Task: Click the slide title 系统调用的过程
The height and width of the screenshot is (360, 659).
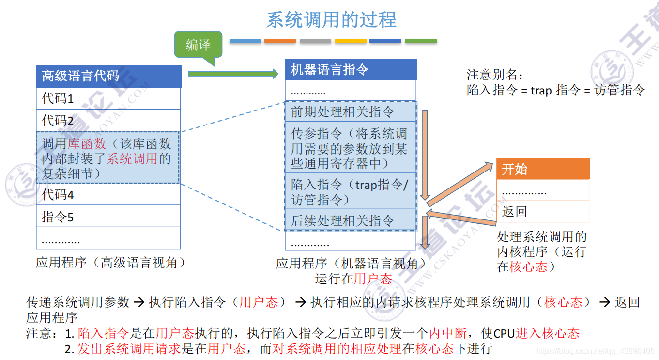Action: (331, 20)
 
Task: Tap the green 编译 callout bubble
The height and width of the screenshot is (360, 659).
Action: (198, 45)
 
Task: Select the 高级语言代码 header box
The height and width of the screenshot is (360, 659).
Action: (109, 76)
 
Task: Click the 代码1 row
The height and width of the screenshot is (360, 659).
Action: (108, 98)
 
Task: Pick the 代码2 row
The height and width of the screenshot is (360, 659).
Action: (108, 120)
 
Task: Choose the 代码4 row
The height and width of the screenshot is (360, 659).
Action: (108, 195)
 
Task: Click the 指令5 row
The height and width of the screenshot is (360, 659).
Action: (108, 217)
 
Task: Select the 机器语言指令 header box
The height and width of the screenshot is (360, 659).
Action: (351, 70)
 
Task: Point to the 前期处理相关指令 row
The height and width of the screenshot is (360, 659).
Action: (350, 112)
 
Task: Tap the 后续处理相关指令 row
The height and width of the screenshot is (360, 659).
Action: (350, 221)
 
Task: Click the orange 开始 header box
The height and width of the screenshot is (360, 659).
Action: (543, 169)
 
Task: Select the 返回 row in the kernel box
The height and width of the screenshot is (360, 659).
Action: (542, 212)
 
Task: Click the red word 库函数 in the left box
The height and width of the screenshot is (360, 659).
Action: (87, 144)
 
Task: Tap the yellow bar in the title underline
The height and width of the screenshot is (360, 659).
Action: (351, 42)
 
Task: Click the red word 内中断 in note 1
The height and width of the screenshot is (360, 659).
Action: (448, 333)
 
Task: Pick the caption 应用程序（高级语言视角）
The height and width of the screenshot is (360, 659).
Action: (111, 263)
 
